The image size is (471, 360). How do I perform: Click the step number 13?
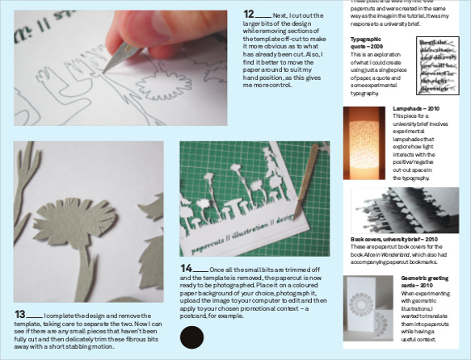[x=19, y=313]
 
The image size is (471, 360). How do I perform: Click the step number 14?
[x=187, y=268]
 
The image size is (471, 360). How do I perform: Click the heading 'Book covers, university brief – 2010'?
[x=393, y=239]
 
